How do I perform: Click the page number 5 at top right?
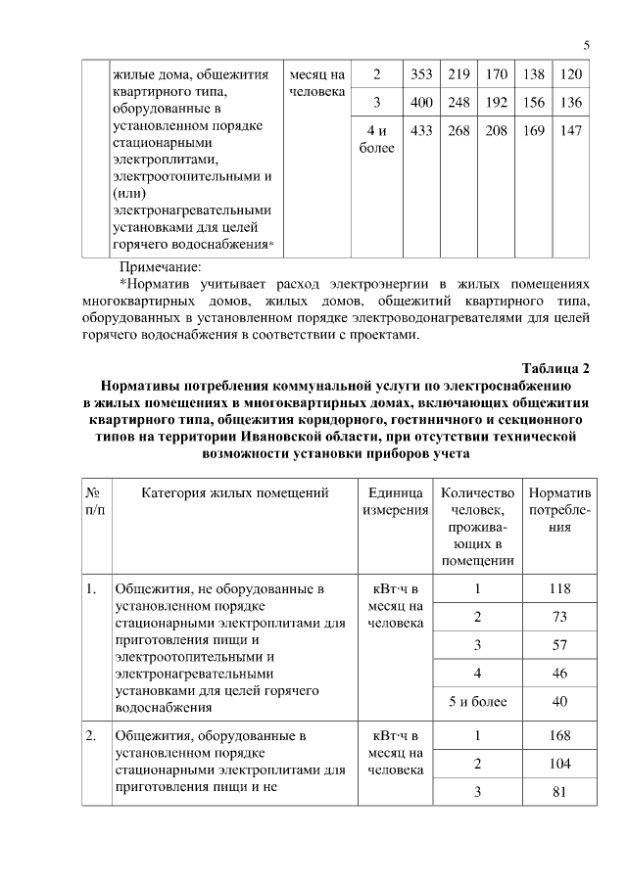pos(586,45)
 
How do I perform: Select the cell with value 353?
pos(421,75)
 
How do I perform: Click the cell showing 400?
pos(421,103)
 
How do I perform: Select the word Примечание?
pos(160,266)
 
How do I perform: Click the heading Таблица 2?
pos(556,368)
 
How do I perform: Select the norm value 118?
pos(559,589)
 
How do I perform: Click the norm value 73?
pos(559,617)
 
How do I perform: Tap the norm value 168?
pos(559,736)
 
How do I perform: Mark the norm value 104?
pos(559,764)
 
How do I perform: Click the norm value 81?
pos(559,792)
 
